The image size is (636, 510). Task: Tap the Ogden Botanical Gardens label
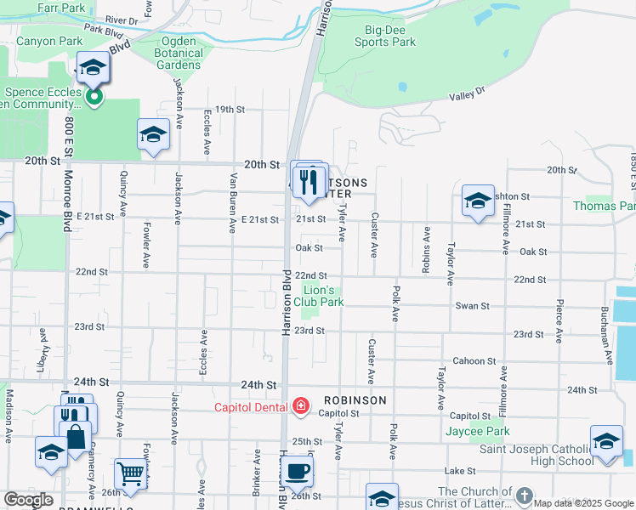click(x=179, y=58)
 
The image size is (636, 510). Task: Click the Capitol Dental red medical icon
click(x=300, y=406)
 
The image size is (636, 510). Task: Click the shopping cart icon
click(x=130, y=473)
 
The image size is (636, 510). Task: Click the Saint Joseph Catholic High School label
click(x=537, y=455)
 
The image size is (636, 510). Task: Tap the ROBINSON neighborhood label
click(x=354, y=399)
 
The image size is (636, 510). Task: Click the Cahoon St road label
click(x=468, y=361)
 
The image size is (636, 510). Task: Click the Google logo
click(x=29, y=499)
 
